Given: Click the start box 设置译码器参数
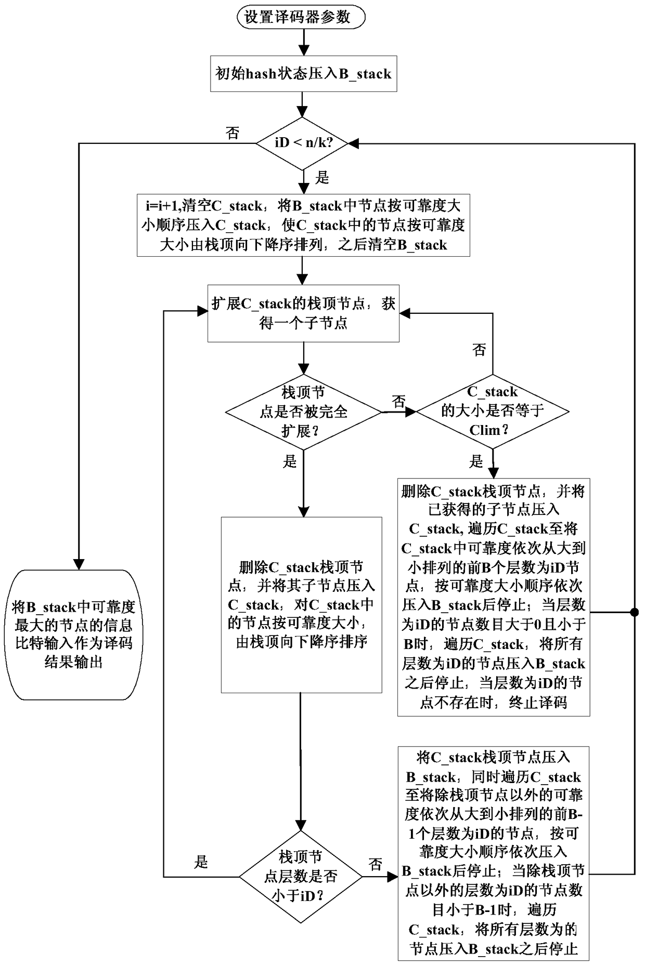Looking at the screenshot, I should [x=301, y=17].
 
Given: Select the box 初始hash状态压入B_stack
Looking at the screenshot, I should [x=303, y=74].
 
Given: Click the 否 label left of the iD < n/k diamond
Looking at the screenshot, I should [x=233, y=133].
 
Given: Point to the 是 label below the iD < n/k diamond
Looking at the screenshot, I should [x=322, y=178].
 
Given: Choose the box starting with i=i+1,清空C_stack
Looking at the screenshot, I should [x=303, y=226].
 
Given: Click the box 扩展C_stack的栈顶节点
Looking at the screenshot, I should [x=303, y=313].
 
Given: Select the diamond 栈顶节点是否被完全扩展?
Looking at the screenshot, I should [x=303, y=412].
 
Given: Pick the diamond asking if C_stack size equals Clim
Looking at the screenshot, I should [x=492, y=411].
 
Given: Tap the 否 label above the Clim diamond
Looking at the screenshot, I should [x=479, y=350].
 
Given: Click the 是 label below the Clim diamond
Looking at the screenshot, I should [x=476, y=461].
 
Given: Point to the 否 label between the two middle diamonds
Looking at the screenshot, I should [x=398, y=402].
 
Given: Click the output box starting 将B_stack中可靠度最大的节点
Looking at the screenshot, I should [x=77, y=634].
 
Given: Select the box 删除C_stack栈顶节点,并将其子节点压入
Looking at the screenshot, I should [x=301, y=604].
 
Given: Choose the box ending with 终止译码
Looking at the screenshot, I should [x=493, y=597].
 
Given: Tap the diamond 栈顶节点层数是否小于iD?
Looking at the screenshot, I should [x=301, y=877].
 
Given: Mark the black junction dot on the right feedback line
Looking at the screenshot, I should [x=635, y=612].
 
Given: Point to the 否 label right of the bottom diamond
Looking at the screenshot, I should [x=375, y=865].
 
